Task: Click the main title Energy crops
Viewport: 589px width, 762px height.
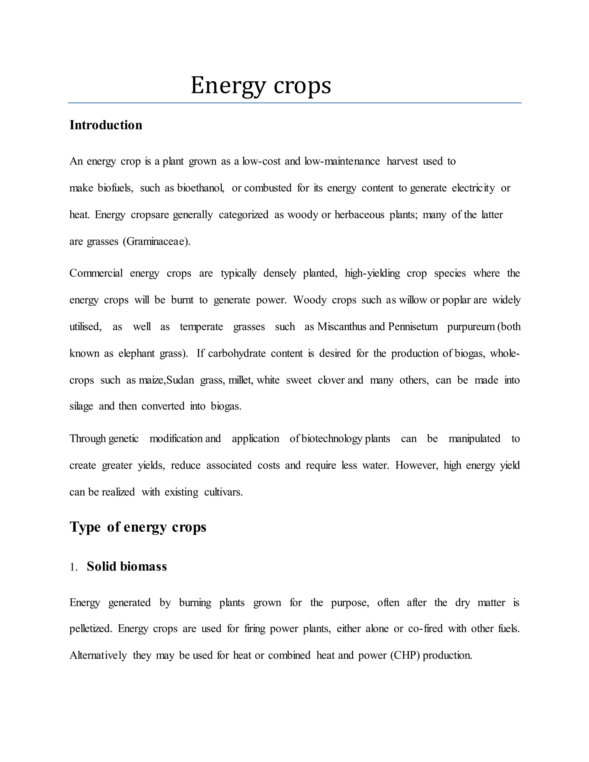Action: pos(261,85)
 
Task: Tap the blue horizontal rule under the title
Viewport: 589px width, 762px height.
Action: pos(294,103)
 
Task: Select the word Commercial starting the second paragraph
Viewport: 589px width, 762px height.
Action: pos(96,273)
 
